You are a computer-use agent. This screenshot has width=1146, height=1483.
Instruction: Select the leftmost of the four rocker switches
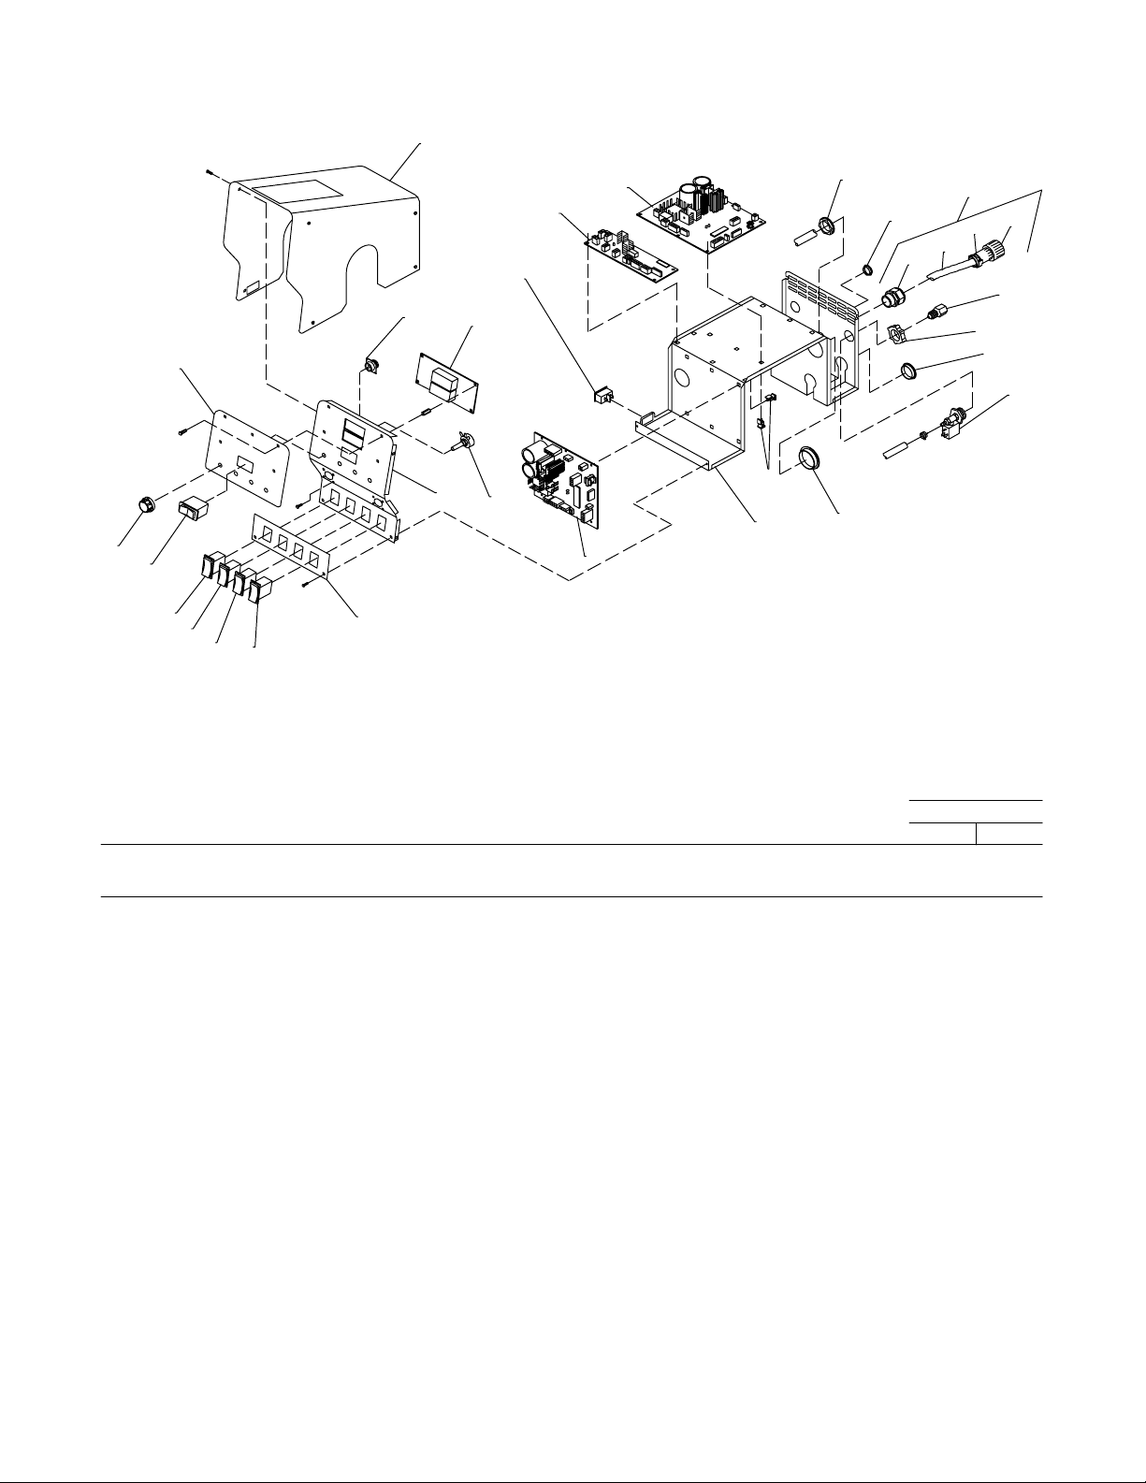pos(208,564)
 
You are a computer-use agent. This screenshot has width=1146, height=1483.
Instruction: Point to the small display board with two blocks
pos(448,380)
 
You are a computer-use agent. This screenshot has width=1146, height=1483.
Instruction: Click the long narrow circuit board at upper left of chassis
pos(631,255)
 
